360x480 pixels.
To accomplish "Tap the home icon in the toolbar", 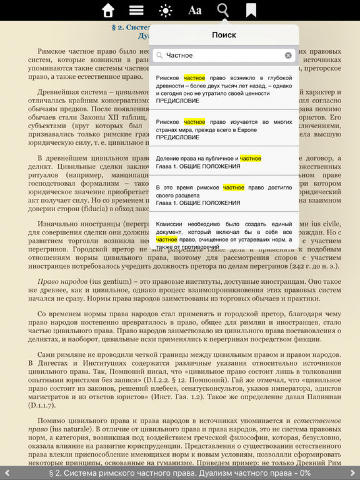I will [x=108, y=10].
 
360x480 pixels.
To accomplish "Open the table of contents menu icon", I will [x=137, y=10].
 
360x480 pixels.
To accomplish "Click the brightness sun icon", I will [x=166, y=10].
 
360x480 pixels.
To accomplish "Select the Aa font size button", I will [x=194, y=10].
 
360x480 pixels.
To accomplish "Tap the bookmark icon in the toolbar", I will [x=251, y=10].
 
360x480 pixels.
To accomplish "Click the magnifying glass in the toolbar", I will [x=223, y=10].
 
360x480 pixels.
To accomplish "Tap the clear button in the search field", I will [x=288, y=55].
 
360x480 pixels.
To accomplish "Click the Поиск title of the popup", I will [x=224, y=35].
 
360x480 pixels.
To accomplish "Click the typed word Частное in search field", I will [x=180, y=55].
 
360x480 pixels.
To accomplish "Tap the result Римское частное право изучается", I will [x=224, y=129].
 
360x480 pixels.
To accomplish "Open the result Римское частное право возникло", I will [x=224, y=89].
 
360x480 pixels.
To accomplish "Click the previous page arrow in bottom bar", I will [x=7, y=473].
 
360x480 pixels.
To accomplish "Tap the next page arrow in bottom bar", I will [x=353, y=473].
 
